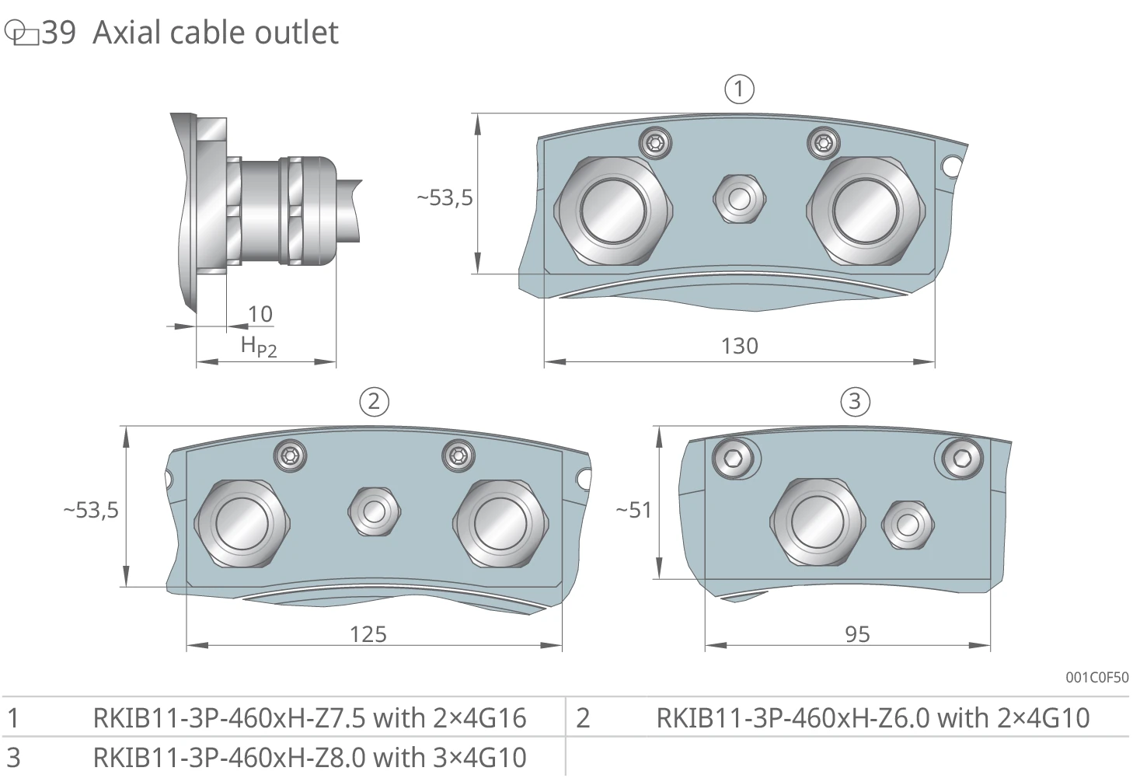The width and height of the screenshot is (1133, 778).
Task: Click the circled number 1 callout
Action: [739, 89]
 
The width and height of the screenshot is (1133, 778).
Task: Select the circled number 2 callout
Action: [374, 402]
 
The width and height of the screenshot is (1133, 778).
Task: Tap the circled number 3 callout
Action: [855, 402]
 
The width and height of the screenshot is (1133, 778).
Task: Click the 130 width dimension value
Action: [739, 346]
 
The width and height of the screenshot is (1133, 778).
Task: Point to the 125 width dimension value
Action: [368, 634]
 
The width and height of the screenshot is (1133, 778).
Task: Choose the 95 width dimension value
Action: [857, 634]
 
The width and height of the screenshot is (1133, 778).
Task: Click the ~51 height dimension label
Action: [634, 510]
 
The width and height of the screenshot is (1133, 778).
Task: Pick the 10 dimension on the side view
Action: [260, 314]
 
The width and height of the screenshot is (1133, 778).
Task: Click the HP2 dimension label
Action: [259, 347]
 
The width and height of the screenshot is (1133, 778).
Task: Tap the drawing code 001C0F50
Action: [1097, 677]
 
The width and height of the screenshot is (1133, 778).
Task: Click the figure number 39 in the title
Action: [59, 33]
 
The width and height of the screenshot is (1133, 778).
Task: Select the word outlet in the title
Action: [296, 33]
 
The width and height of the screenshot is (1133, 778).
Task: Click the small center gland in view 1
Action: [739, 199]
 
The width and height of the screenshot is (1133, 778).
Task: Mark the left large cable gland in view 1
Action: [613, 211]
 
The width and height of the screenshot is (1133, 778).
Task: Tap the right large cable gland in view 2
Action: [500, 523]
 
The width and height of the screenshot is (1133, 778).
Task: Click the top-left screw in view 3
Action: [733, 459]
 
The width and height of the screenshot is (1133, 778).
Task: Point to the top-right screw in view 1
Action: [823, 144]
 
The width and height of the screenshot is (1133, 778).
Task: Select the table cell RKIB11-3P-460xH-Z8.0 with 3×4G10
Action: [309, 757]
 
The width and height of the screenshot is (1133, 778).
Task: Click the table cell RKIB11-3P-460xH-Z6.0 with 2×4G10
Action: [873, 718]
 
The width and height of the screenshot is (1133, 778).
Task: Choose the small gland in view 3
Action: [908, 525]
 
